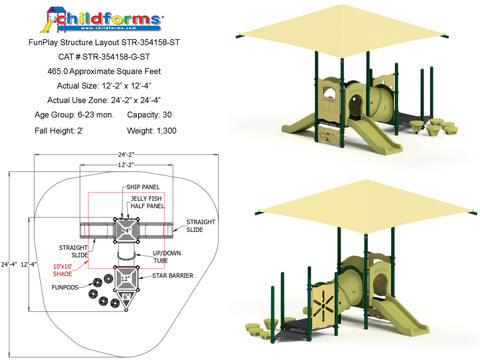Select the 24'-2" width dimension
(126, 155)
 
